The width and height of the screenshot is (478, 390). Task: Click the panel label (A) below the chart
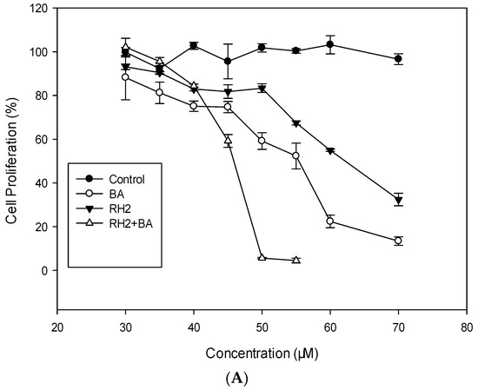[x=262, y=379]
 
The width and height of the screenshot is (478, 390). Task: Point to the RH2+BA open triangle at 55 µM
[x=296, y=260]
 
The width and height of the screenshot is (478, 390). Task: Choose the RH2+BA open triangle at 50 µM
[x=262, y=257]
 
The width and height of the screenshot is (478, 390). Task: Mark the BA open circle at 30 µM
[x=125, y=77]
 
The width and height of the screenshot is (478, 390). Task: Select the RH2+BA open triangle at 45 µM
[x=228, y=140]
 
